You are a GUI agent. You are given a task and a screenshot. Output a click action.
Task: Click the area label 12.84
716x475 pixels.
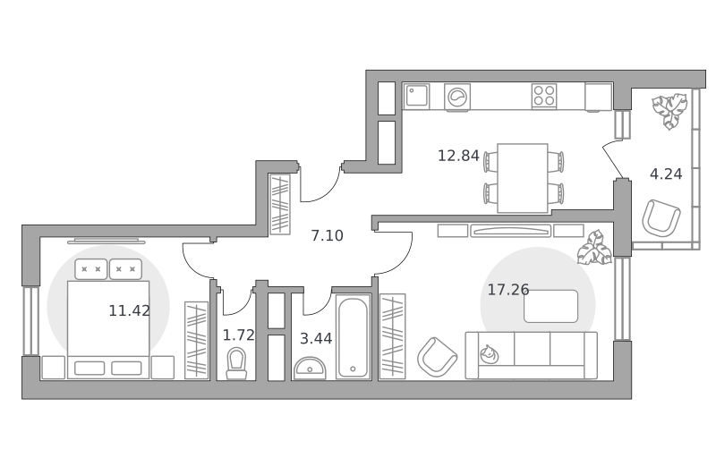click(458, 156)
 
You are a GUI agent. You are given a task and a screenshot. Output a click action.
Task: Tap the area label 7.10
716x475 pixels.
click(327, 235)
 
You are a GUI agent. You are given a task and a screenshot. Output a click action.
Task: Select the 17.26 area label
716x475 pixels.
click(508, 289)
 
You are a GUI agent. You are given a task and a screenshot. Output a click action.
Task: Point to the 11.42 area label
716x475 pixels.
click(129, 310)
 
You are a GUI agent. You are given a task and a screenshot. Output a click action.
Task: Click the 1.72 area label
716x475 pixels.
click(238, 335)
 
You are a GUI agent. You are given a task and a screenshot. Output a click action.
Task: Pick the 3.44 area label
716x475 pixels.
click(316, 338)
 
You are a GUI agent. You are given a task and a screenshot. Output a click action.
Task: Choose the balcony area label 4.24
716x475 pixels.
click(666, 174)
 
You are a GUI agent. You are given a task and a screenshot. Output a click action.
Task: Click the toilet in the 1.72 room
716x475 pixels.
click(236, 364)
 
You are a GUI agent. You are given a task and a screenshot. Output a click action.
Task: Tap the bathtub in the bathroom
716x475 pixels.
click(353, 336)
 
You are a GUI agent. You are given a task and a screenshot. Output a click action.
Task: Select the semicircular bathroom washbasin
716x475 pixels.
click(310, 369)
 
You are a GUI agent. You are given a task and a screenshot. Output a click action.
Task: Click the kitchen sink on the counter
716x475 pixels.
click(416, 97)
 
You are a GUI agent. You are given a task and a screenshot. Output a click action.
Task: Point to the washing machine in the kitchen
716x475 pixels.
click(457, 97)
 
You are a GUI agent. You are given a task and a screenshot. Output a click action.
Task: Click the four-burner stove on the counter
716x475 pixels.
click(544, 96)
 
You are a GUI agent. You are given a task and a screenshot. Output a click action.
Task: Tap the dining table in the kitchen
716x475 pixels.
click(523, 178)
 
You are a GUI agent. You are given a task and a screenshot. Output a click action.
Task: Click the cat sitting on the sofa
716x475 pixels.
click(489, 354)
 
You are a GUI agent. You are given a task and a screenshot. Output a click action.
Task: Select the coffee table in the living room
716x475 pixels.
click(550, 306)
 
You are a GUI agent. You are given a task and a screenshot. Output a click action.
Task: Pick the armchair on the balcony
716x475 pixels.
click(661, 218)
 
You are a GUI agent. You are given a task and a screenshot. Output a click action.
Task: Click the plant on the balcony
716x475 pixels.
click(669, 111)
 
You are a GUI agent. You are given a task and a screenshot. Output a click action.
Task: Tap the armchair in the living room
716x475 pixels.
click(437, 357)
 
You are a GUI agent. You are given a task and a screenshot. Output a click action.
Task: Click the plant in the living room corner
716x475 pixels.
click(594, 249)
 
